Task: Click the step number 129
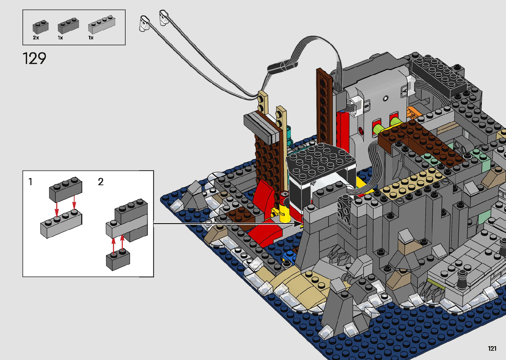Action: point(34,58)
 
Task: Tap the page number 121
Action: point(492,348)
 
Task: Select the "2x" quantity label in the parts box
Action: point(36,38)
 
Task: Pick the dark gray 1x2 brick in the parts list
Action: point(41,27)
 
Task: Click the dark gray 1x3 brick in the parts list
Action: point(68,26)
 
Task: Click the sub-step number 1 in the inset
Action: point(30,182)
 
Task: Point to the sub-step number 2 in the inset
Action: point(101,182)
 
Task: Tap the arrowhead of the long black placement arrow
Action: point(298,224)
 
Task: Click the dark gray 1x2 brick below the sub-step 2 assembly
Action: point(118,260)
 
